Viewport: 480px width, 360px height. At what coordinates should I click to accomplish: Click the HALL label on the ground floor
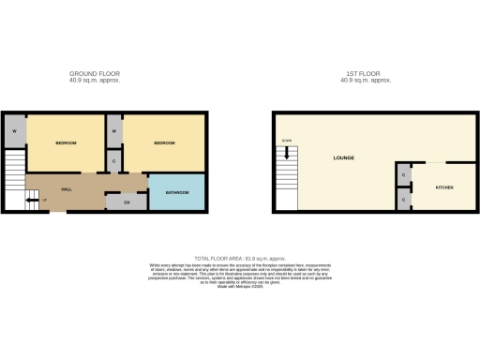point(67,189)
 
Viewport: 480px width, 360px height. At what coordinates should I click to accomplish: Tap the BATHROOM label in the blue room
point(176,192)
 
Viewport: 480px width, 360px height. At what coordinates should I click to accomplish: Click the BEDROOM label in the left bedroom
point(66,142)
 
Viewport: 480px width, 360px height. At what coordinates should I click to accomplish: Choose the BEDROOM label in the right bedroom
point(166,142)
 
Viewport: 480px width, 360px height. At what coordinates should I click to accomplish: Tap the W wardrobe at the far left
point(14,130)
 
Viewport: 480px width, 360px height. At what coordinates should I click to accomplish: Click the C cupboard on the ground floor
point(113,162)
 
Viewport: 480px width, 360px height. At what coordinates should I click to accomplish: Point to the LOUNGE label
point(343,158)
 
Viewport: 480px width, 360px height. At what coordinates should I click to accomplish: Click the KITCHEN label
point(443,187)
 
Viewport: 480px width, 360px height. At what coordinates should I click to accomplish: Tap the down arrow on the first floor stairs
point(286,142)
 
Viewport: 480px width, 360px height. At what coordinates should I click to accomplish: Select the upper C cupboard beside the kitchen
point(403,175)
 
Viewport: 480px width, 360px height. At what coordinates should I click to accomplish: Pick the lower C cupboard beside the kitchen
point(403,199)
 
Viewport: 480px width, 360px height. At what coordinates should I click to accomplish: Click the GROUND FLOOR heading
point(95,73)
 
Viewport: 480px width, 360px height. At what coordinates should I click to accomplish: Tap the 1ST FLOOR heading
point(367,73)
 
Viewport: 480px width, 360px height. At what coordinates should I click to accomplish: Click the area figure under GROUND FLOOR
point(95,80)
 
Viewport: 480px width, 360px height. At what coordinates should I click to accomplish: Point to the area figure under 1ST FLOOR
point(367,80)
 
